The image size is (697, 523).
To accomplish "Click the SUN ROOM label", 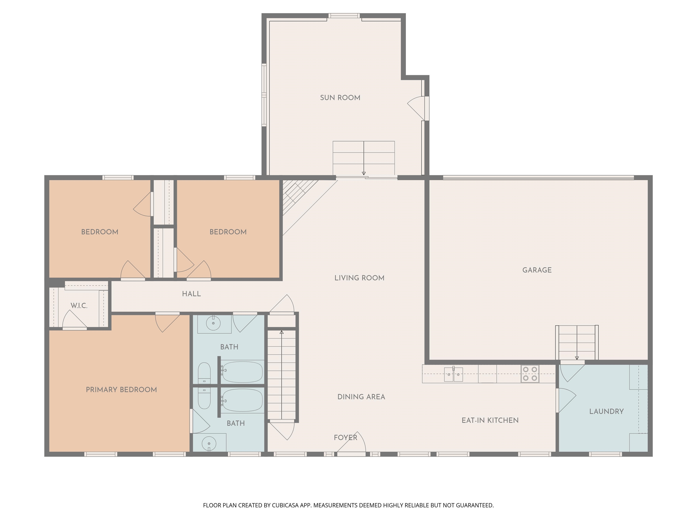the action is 340,98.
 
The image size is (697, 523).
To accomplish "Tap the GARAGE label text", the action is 537,270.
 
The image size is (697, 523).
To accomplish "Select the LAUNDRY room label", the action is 606,411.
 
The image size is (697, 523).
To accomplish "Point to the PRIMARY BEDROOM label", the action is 121,390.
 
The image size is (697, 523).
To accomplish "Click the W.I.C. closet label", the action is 79,306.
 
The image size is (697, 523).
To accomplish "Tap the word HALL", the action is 191,294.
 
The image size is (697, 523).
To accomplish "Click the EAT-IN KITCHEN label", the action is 490,420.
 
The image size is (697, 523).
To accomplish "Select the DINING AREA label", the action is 361,397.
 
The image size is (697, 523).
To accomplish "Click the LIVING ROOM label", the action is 359,278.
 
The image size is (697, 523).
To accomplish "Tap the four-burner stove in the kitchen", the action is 530,374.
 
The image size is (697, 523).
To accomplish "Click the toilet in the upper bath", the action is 204,373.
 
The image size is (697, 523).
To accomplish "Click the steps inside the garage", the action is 577,342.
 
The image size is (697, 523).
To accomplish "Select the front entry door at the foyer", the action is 351,443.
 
